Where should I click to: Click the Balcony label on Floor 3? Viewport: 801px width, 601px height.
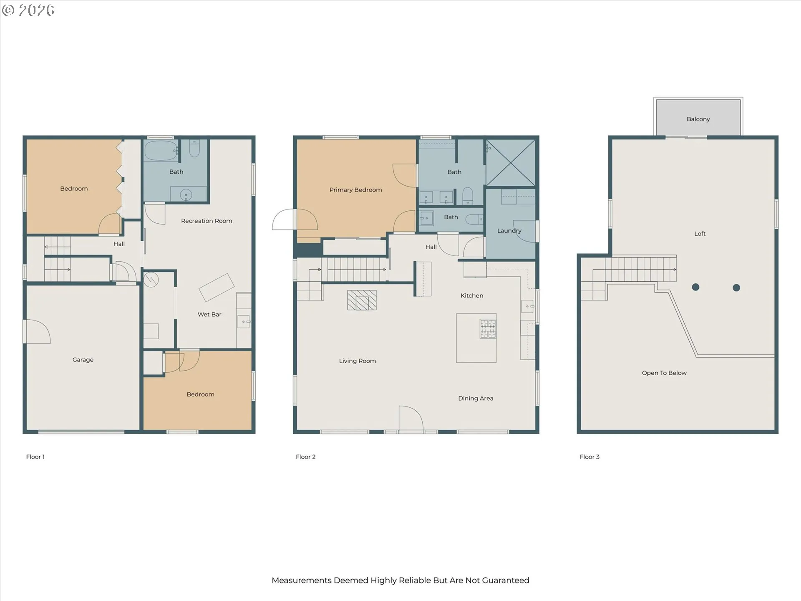[698, 119]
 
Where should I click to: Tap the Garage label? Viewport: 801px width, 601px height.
[83, 360]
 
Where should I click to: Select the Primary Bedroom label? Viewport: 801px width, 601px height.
[355, 190]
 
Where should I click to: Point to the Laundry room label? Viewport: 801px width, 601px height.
[509, 231]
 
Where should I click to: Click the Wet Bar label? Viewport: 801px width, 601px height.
[209, 314]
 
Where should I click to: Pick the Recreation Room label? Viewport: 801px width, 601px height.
[207, 221]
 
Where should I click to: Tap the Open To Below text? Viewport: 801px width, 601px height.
[664, 373]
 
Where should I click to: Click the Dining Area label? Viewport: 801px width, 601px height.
[476, 399]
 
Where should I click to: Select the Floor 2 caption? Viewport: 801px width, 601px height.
[305, 457]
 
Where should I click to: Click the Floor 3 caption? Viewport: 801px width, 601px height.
[589, 457]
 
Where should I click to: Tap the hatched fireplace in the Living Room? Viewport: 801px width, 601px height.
[362, 300]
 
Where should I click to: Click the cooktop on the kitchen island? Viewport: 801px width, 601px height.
[488, 328]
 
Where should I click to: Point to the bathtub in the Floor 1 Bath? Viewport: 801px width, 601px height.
[161, 151]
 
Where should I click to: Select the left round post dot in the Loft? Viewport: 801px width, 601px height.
[695, 287]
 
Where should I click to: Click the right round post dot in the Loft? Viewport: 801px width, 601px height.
[736, 288]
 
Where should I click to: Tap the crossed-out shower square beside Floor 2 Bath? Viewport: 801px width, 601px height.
[511, 163]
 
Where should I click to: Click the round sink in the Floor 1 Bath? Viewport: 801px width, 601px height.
[186, 194]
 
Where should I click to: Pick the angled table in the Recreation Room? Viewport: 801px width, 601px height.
[217, 287]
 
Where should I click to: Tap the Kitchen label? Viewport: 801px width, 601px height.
[472, 295]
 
